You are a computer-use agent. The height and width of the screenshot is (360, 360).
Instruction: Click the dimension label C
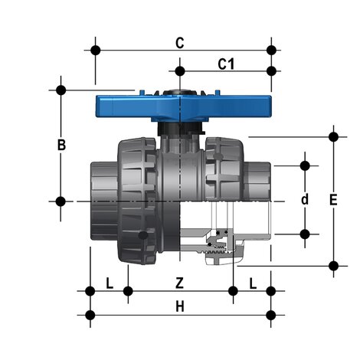click(179, 44)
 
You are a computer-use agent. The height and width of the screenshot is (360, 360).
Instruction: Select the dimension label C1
click(225, 64)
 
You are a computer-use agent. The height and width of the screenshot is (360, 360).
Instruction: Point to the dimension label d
click(304, 200)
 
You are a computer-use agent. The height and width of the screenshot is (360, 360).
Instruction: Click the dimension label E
click(332, 201)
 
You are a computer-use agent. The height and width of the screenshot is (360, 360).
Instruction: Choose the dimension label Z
click(179, 283)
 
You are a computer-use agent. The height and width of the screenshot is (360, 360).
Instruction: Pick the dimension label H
click(179, 306)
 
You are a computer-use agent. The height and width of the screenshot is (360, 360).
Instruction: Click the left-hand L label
click(109, 283)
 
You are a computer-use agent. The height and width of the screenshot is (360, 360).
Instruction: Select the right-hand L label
click(253, 283)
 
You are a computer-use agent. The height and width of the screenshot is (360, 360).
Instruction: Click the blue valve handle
click(180, 106)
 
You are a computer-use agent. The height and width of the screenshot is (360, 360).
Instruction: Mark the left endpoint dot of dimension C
click(95, 51)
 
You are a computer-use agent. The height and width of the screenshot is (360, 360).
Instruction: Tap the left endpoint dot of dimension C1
click(179, 71)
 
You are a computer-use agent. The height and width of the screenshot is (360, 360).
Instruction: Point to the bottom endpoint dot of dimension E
click(333, 266)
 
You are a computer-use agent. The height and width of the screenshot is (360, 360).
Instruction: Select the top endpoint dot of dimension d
click(305, 165)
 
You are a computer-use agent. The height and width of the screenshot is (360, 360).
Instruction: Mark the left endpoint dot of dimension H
click(90, 314)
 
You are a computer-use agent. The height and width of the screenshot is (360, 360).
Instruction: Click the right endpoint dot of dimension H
click(270, 314)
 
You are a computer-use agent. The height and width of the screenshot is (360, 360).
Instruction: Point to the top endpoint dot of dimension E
click(333, 137)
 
